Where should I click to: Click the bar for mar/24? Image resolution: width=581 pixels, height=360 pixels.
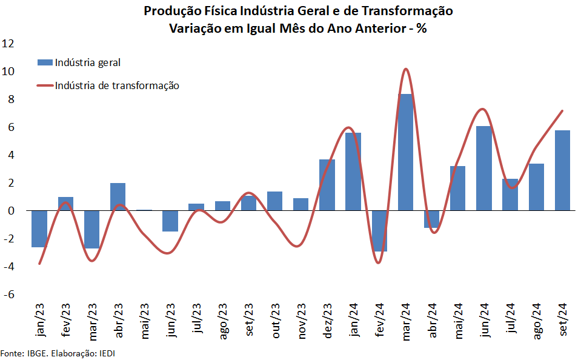[x=405, y=152]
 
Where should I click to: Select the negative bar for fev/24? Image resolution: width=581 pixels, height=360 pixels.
[x=379, y=231]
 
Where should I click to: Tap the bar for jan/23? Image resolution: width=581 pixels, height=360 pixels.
[x=39, y=228]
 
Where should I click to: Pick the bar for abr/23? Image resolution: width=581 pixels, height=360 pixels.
[x=118, y=196]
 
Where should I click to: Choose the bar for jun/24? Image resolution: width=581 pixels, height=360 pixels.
[x=483, y=168]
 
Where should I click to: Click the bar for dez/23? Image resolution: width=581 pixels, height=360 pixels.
[x=327, y=185]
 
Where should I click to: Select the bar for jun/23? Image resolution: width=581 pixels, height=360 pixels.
[x=170, y=221]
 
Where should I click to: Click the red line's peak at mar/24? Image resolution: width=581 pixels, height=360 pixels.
[x=405, y=69]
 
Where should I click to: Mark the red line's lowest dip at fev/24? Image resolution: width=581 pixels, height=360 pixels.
[x=378, y=262]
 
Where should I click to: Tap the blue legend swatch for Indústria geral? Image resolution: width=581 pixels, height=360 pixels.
[x=45, y=62]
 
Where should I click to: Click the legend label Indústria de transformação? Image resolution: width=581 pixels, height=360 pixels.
[x=117, y=85]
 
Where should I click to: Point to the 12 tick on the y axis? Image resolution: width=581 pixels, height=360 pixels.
[x=8, y=44]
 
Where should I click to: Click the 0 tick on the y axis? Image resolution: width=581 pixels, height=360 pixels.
[x=10, y=211]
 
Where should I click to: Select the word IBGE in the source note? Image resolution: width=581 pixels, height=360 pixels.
[x=33, y=353]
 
